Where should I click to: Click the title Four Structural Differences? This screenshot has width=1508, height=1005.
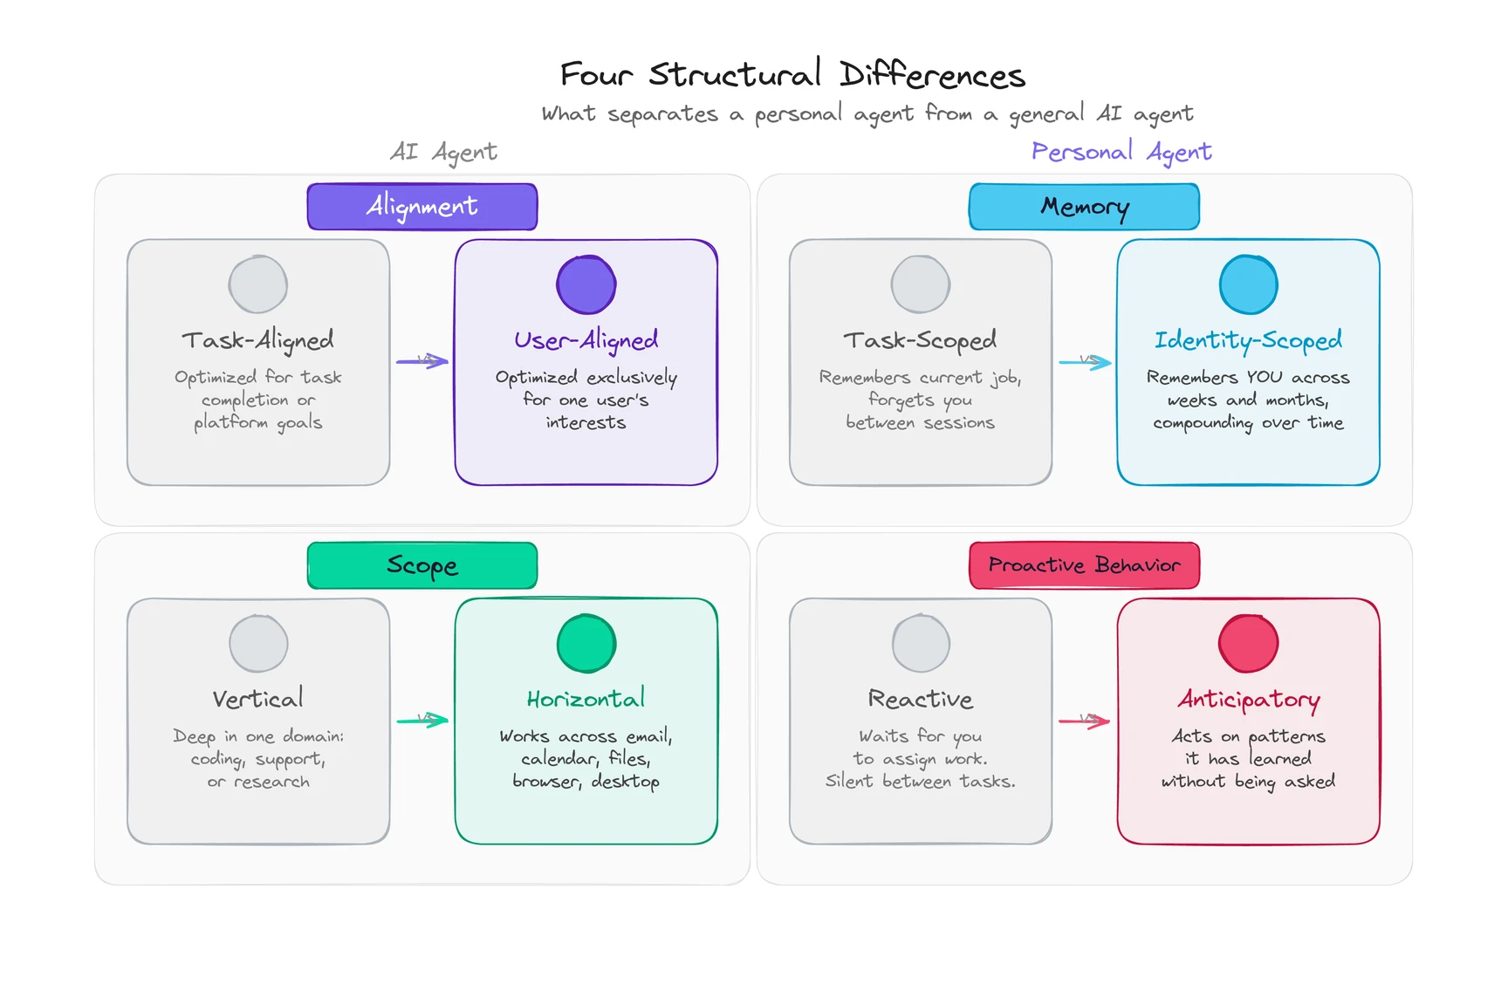click(792, 75)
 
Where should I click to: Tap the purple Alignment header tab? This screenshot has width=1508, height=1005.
click(422, 207)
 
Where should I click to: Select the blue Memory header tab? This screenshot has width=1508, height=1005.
click(1084, 207)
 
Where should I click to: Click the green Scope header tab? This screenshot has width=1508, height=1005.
click(422, 565)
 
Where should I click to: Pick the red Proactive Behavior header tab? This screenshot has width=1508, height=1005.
click(1084, 565)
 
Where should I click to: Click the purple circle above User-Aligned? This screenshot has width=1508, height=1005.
click(586, 284)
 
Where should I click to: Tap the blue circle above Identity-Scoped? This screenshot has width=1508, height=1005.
click(1248, 284)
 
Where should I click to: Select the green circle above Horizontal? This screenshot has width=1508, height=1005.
click(586, 644)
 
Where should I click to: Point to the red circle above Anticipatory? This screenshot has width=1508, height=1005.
click(1248, 644)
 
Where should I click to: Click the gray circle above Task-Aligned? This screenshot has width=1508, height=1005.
click(258, 284)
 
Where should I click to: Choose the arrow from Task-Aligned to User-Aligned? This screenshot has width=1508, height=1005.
click(422, 361)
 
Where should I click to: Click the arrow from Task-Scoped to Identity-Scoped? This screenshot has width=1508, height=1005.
click(1085, 362)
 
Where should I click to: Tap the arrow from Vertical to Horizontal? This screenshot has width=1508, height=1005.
click(422, 721)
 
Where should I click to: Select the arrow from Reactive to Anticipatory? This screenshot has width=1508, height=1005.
click(1085, 721)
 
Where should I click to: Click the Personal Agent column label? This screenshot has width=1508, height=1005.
click(1121, 153)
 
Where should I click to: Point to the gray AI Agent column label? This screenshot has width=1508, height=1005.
click(443, 153)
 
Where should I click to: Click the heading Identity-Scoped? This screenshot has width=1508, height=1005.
click(1248, 340)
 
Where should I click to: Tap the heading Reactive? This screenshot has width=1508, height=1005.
click(920, 700)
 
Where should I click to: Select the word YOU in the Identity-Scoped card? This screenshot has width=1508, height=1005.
click(1264, 378)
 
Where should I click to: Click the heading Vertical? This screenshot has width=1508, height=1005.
click(258, 699)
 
